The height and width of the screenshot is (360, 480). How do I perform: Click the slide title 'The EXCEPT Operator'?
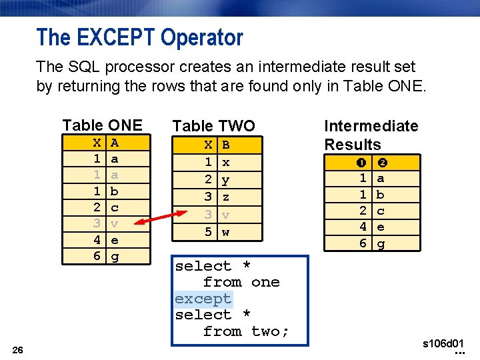[x=140, y=37]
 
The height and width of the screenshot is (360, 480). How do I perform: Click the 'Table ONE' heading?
[x=102, y=125]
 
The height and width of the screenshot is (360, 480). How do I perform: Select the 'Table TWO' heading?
[x=213, y=125]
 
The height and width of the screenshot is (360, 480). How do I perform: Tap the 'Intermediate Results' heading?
[x=371, y=135]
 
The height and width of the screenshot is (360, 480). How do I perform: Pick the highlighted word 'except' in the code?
[x=203, y=299]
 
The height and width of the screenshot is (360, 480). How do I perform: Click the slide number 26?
[x=18, y=350]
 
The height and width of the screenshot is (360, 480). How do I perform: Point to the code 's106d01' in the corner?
[x=443, y=344]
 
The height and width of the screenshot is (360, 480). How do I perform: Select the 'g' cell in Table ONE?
[x=115, y=255]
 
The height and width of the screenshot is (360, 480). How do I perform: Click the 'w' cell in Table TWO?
[x=225, y=232]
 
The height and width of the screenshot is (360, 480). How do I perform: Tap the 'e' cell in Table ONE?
[x=115, y=239]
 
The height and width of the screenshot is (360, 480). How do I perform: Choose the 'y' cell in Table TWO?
[x=225, y=180]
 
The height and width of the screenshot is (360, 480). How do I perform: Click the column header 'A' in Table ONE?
[x=115, y=143]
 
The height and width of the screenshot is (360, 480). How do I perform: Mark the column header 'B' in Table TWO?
[x=225, y=144]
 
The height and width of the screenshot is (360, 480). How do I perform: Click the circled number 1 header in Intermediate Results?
[x=363, y=162]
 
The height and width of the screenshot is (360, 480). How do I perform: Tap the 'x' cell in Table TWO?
[x=225, y=162]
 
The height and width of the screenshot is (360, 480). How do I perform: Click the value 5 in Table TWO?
[x=208, y=232]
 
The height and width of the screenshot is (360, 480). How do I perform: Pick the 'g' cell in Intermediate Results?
[x=381, y=243]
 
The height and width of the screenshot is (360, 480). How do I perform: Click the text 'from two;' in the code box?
[x=246, y=331]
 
